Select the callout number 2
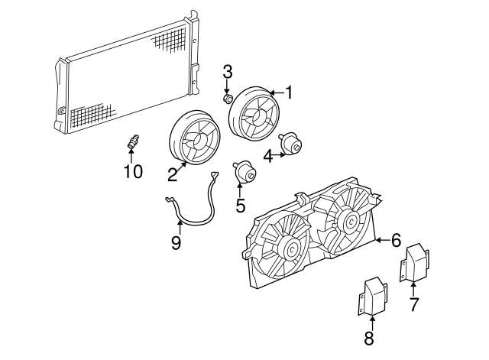pos(173,174)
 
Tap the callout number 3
pos(227,73)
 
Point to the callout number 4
pos(268,157)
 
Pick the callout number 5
pos(240,205)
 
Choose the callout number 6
pos(396,241)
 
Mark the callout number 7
pos(413,305)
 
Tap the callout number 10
pos(133,172)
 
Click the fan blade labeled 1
pos(255,115)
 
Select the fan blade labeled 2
pos(194,138)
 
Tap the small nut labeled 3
pos(228,98)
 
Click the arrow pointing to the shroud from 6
pos(381,241)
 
